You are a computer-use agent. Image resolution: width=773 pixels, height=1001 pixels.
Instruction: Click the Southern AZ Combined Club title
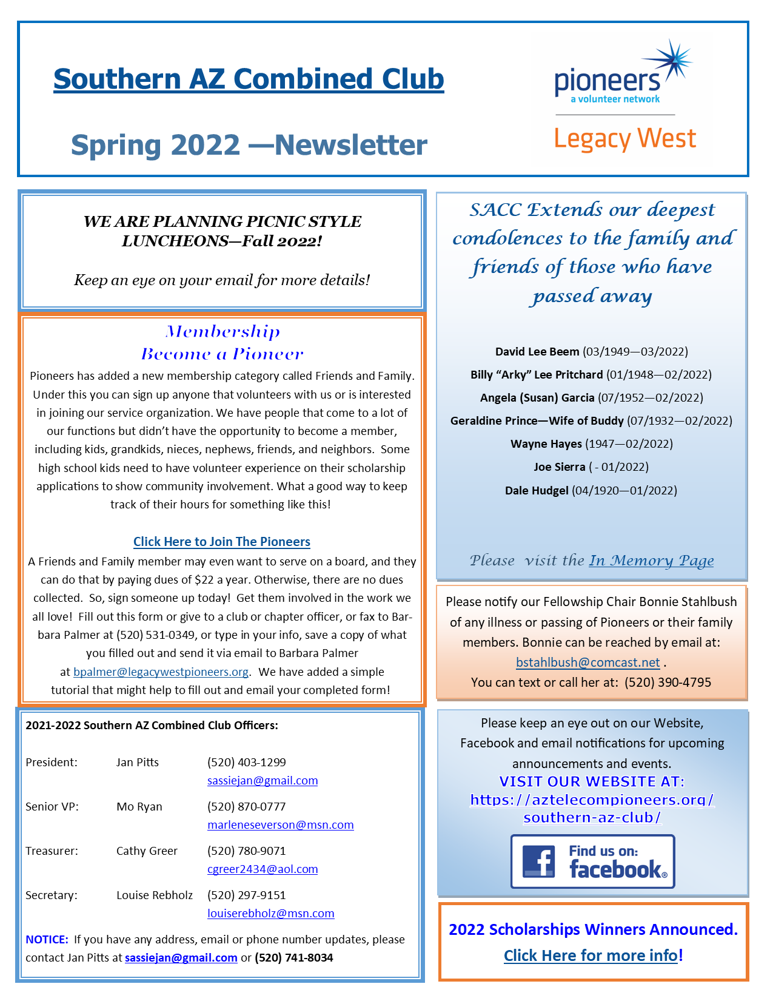coord(249,79)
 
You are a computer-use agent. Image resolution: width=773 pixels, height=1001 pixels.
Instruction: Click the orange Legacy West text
coord(625,139)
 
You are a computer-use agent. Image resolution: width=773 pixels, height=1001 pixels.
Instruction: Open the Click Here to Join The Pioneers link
coord(221,542)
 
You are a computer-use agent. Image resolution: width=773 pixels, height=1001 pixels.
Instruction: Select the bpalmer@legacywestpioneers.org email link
coord(161,672)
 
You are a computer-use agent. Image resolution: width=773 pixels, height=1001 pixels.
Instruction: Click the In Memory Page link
coord(651,561)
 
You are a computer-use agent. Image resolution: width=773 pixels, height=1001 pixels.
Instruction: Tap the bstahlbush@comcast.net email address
coord(587,662)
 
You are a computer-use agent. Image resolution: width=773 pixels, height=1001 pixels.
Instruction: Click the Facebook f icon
coord(538,861)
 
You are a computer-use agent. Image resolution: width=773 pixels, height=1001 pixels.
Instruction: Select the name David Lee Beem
coord(537,352)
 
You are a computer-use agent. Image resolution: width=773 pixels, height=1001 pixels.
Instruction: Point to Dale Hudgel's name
coord(537,490)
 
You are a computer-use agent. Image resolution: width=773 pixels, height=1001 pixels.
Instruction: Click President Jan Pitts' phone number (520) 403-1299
coord(246,762)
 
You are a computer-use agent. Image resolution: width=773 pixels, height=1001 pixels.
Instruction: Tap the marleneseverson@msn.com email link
coord(280,825)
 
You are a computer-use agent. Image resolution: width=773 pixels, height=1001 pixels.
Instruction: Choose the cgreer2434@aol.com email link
coord(263,869)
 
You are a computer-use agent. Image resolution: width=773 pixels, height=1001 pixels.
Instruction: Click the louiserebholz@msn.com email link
coord(270,914)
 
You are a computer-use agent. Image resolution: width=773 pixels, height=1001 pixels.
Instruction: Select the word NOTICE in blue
coord(47,940)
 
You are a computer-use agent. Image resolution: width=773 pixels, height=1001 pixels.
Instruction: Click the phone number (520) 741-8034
coord(293,958)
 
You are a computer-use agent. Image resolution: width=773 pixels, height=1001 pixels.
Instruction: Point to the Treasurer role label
coord(52,851)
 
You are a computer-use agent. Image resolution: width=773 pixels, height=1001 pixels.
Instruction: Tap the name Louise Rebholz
coord(154,895)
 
